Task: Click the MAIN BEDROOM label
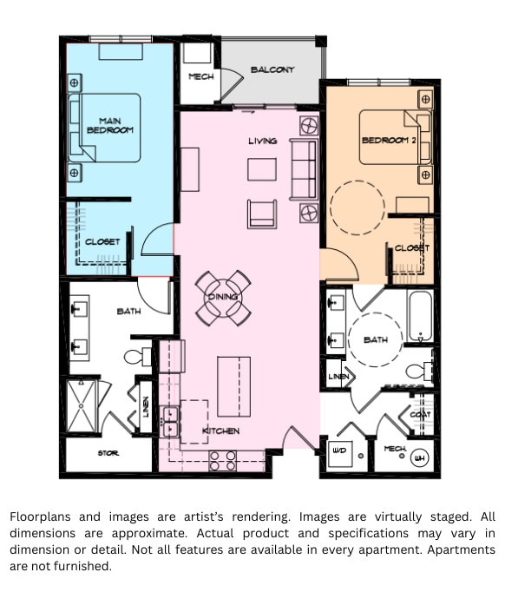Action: (116, 125)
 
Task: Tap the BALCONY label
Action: (272, 70)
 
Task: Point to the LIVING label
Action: (262, 141)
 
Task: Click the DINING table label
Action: (222, 298)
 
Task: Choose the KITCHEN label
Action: (220, 431)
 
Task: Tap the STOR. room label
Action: (108, 454)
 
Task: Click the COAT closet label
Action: (420, 415)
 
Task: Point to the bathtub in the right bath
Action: (419, 318)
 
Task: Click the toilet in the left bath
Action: (137, 357)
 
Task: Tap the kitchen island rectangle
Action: (233, 386)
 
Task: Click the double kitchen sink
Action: (170, 418)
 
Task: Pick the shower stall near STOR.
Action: (85, 405)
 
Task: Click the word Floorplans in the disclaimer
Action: (41, 516)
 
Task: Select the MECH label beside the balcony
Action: (201, 77)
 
